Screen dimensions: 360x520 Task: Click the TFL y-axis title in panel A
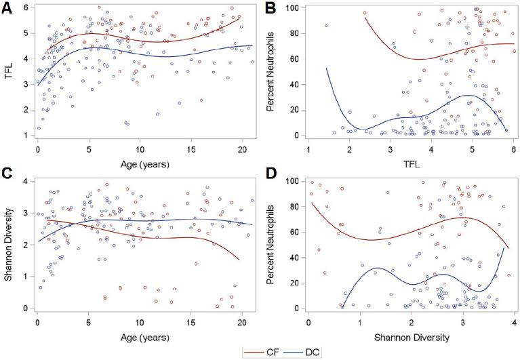pyautogui.click(x=7, y=72)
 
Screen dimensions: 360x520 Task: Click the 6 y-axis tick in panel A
pyautogui.click(x=23, y=7)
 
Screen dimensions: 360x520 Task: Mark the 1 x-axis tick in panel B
pyautogui.click(x=308, y=148)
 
